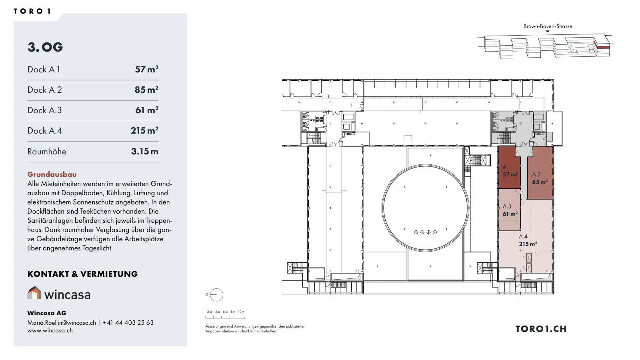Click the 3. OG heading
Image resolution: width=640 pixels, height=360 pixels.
[45, 47]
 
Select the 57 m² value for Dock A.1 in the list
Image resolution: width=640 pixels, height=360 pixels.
[146, 69]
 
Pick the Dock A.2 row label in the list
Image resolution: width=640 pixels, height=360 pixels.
[44, 90]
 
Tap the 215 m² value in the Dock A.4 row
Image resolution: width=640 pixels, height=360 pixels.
[144, 130]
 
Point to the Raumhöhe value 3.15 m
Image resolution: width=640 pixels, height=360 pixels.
[144, 151]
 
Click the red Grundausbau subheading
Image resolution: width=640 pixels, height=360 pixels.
[52, 174]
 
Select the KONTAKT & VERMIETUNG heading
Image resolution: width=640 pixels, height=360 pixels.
[82, 274]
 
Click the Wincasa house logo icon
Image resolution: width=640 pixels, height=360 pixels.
[34, 292]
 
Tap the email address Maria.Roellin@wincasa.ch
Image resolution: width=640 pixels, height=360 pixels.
[62, 322]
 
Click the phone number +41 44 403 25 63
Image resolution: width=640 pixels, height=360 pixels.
[128, 322]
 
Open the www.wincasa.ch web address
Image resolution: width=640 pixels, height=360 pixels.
[50, 330]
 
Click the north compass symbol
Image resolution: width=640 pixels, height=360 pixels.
[216, 295]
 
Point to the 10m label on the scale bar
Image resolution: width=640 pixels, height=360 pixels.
[241, 312]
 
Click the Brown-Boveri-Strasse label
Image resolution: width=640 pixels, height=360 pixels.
[548, 26]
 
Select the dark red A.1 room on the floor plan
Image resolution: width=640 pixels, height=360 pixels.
[509, 168]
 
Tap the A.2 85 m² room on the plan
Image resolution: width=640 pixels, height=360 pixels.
[540, 173]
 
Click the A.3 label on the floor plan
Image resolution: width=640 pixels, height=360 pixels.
[507, 206]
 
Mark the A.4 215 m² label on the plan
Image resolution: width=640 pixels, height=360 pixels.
[528, 240]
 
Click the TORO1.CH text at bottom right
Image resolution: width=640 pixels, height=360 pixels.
[541, 329]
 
